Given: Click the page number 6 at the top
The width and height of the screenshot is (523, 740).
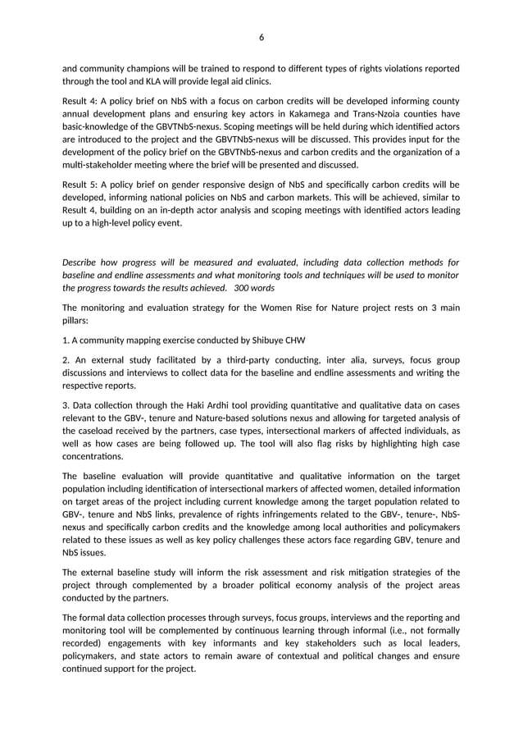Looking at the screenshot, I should [x=261, y=37].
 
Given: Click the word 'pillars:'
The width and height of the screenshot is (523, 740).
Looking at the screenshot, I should [x=78, y=322].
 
